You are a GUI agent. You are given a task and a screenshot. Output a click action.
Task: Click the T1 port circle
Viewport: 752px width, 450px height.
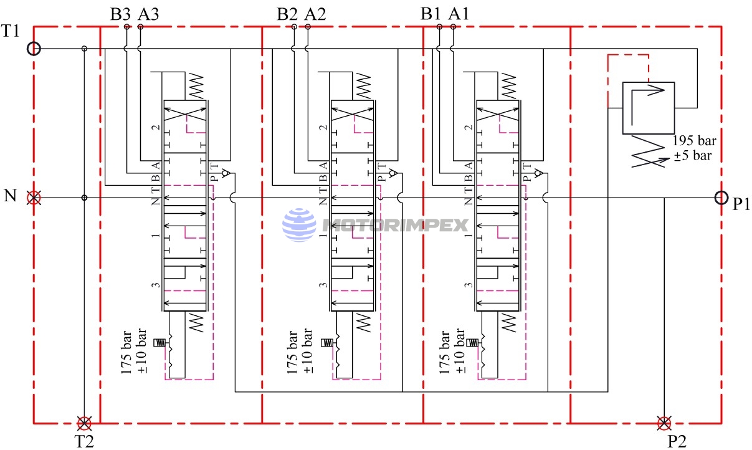coord(34,49)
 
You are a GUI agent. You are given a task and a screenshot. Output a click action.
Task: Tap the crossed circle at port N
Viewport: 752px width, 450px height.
coord(34,198)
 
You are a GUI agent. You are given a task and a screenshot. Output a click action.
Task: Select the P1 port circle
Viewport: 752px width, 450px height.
coord(721,198)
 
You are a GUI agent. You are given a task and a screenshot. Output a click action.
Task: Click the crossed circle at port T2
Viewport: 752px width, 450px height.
coord(84,423)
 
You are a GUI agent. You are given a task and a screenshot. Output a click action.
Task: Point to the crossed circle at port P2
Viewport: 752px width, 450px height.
coord(664,423)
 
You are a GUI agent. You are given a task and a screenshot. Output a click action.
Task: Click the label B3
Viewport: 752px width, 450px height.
coord(120,14)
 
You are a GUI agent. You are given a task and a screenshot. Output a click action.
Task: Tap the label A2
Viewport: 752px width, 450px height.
coord(315,14)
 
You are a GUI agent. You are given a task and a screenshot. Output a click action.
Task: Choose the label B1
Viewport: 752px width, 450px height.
coord(431,14)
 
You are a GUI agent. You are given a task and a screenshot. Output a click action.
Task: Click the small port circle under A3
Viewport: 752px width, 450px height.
coord(141,27)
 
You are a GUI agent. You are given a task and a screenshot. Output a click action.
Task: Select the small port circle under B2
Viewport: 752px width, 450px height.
coord(294,27)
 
